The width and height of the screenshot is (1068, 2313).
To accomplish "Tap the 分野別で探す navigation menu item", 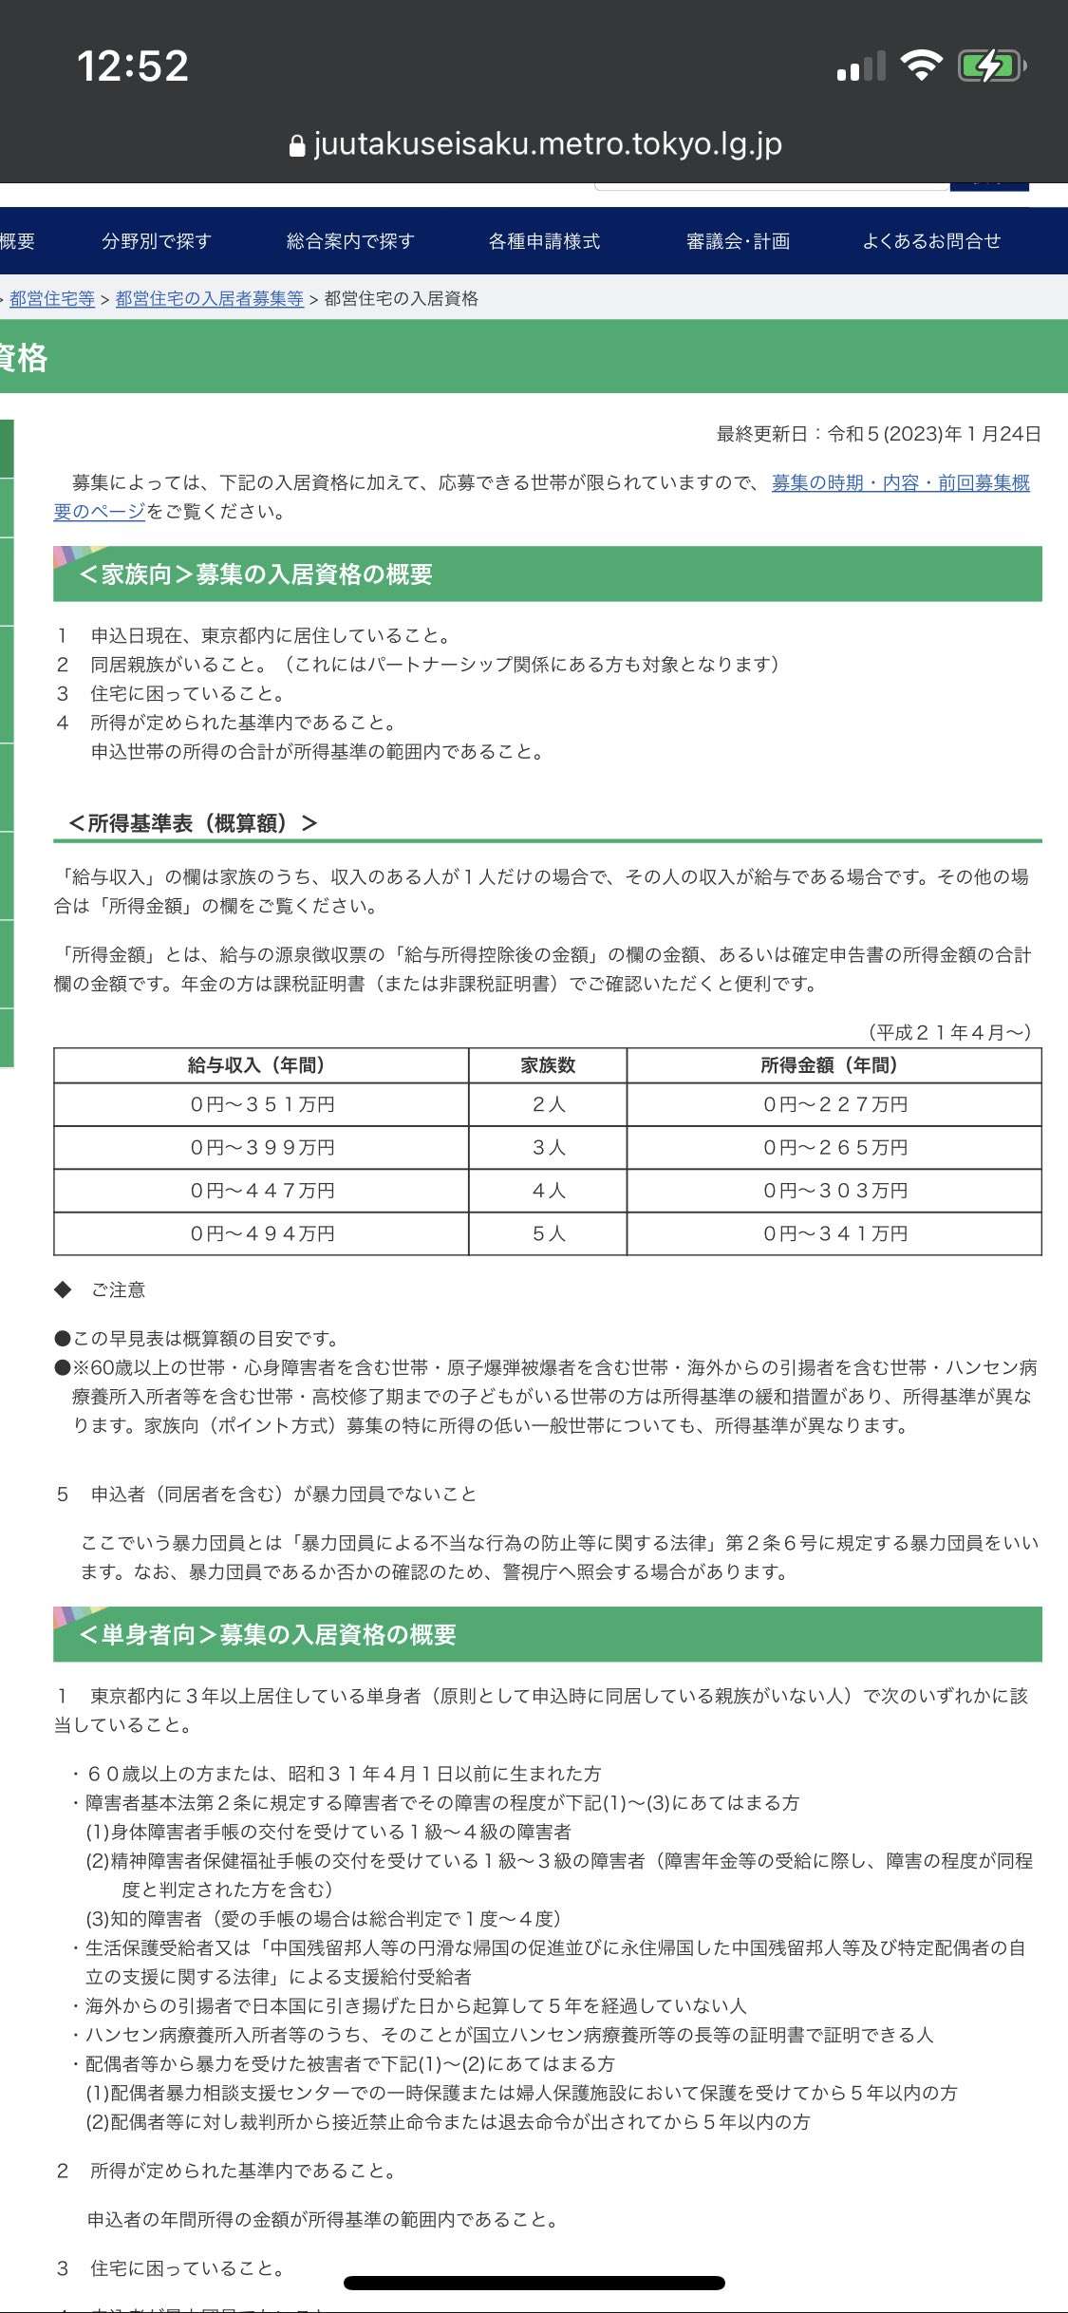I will point(157,241).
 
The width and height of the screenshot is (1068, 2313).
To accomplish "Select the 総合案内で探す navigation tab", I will point(350,241).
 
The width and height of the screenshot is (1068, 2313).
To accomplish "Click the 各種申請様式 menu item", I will point(544,241).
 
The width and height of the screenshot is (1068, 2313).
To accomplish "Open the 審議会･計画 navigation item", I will point(738,241).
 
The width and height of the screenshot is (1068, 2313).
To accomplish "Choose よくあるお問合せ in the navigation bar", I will point(931,241).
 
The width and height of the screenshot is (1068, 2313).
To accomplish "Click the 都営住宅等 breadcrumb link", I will point(52,299).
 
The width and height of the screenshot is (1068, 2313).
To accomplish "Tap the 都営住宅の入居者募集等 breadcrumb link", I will point(209,299).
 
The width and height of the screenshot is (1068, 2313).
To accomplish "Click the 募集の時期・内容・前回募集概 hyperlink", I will point(900,482).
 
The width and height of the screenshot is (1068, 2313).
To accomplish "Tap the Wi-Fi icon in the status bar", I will point(920,66).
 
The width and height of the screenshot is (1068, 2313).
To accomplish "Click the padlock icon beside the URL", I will point(296,145).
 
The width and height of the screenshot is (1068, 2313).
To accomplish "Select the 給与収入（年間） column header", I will point(260,1065).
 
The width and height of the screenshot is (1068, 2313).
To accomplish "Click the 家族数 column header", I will point(548,1065).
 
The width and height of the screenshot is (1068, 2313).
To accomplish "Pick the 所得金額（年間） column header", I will point(834,1065).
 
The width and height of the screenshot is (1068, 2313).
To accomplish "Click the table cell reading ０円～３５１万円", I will point(262,1104).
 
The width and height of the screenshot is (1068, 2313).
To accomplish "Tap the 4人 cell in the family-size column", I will point(549,1191).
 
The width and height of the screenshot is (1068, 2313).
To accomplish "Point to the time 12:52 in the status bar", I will point(133,66).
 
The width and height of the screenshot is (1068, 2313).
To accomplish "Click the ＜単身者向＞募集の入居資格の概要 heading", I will point(268,1634).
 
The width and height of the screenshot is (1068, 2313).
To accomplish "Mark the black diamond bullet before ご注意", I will point(64,1289).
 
